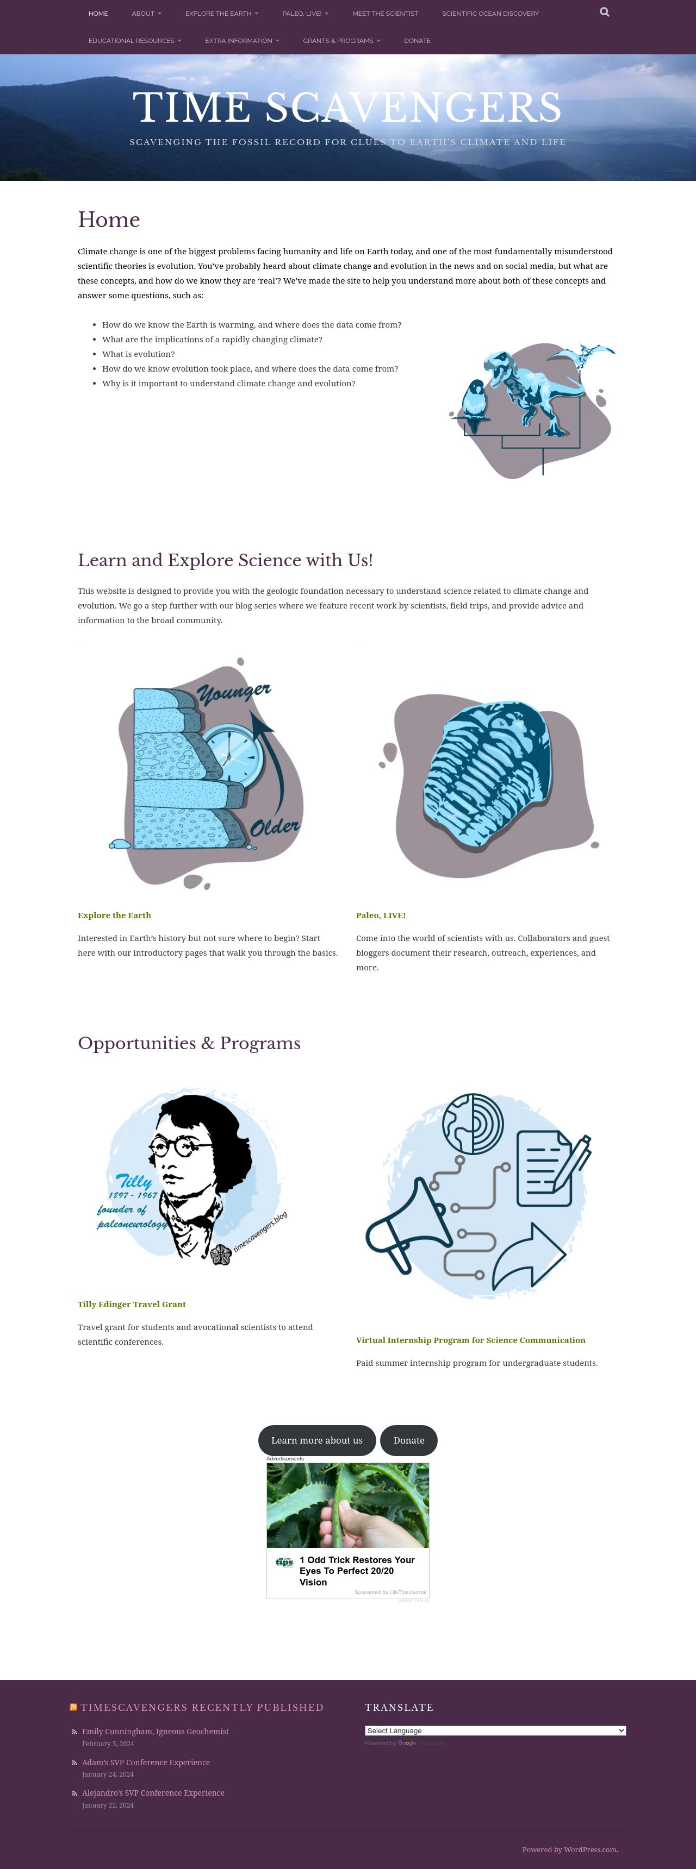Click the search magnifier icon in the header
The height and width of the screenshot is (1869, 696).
(605, 12)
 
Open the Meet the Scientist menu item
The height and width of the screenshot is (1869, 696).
(384, 14)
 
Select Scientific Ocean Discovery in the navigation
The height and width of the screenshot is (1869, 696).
(490, 14)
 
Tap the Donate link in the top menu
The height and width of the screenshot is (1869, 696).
(417, 41)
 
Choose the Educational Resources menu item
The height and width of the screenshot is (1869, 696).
(135, 41)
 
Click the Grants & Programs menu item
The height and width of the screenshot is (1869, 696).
(341, 41)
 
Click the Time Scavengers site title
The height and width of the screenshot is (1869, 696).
(347, 108)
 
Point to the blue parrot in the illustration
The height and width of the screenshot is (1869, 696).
(474, 406)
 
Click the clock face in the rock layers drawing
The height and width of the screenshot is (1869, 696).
(230, 755)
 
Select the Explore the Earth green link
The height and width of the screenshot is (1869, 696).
(114, 915)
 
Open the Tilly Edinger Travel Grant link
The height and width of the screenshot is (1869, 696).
(132, 1304)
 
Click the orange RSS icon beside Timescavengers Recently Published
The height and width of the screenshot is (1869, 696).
(73, 1707)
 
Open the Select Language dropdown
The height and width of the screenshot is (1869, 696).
(495, 1730)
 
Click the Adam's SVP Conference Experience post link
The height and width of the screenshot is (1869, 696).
(146, 1763)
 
